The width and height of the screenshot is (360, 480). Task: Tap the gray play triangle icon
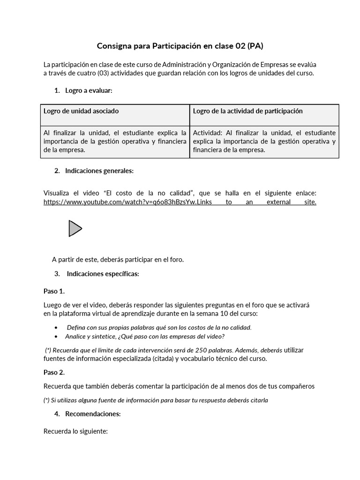coord(75,228)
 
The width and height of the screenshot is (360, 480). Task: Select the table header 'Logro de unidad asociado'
coord(81,111)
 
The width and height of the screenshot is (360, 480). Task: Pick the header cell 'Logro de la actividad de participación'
coord(247,111)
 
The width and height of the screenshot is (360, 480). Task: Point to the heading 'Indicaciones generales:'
coord(99,171)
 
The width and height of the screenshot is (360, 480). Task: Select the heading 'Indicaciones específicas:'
coord(103,274)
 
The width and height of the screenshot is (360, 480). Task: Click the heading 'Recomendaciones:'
coord(93,414)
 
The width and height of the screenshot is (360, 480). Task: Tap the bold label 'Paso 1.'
coord(54,291)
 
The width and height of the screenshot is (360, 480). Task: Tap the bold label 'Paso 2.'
coord(54,372)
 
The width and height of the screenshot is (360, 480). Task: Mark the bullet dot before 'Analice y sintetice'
coord(57,337)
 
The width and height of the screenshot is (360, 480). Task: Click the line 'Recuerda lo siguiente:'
coord(75,431)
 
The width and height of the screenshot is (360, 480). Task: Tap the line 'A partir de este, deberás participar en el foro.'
coord(118,259)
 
